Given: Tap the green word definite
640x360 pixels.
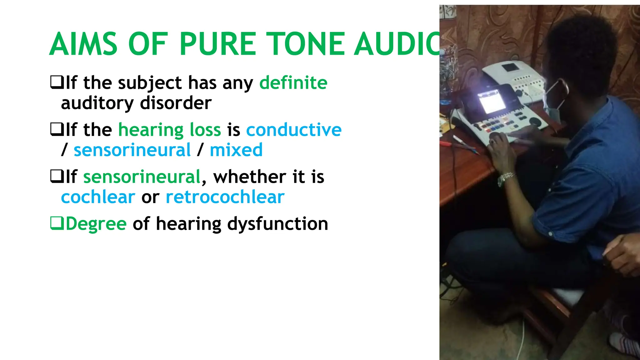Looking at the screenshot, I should click(x=293, y=83).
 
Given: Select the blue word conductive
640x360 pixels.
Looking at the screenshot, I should click(x=294, y=130).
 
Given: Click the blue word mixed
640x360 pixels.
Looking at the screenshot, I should click(x=236, y=150).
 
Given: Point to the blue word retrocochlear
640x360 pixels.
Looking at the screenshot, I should click(x=225, y=197).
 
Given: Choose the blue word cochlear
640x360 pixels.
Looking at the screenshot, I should click(x=98, y=197).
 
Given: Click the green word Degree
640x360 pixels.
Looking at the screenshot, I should click(x=96, y=224).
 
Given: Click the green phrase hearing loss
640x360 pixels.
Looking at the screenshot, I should click(x=169, y=130).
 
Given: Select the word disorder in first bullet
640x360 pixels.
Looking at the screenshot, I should click(x=176, y=103).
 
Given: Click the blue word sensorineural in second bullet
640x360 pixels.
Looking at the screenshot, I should click(x=132, y=150).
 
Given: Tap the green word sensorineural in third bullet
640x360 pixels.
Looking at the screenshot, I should click(x=142, y=177).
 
